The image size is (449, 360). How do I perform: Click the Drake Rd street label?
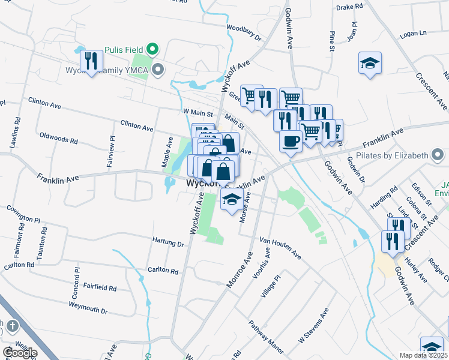tap(350, 7)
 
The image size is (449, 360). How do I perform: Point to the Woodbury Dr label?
tap(244, 32)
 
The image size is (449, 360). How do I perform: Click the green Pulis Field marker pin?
tap(152, 48)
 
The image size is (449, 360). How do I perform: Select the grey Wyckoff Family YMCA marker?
tap(158, 70)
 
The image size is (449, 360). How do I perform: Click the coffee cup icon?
tap(291, 142)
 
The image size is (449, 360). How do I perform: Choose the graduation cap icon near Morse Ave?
tap(231, 200)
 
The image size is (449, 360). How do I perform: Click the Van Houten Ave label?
tap(280, 247)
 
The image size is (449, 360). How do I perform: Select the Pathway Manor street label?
tap(266, 337)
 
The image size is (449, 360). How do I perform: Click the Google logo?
tap(20, 353)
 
